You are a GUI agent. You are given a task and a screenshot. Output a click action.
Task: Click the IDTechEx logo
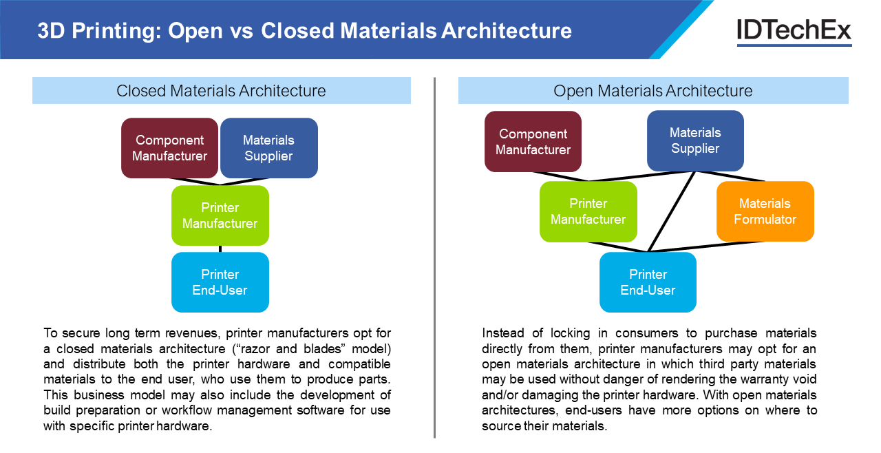pos(794,31)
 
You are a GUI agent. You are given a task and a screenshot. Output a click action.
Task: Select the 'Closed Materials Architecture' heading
pos(221,91)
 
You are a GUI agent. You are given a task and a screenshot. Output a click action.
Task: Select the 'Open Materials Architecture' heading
pos(652,91)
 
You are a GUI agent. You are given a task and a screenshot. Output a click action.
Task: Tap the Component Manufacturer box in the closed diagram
pos(169,148)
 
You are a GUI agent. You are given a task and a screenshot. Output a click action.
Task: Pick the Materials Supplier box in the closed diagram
pos(268,148)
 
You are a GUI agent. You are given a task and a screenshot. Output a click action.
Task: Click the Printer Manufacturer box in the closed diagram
pos(220,215)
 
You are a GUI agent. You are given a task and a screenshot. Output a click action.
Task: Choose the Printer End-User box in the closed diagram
pos(220,282)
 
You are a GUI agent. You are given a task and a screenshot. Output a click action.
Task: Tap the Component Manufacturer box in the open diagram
pos(533,142)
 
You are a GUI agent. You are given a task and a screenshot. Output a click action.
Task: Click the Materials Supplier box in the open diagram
pos(695,140)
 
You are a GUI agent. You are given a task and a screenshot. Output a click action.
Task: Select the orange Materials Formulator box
pos(765,211)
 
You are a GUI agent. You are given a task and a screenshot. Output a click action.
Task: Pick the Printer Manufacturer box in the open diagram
pos(588,211)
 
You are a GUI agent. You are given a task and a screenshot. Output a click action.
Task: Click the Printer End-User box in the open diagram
pos(648,282)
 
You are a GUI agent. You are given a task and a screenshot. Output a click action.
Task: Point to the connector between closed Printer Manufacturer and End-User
pos(220,249)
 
